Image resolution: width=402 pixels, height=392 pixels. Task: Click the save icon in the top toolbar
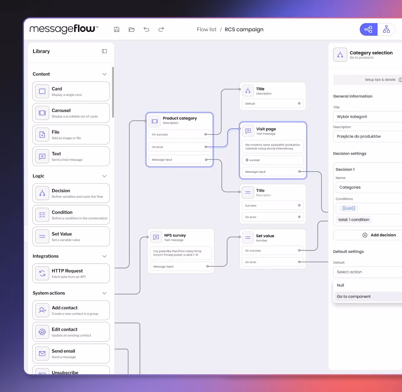[116, 29]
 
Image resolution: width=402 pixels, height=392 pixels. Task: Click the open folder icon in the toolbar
[132, 29]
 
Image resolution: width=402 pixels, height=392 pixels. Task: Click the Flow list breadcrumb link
[207, 29]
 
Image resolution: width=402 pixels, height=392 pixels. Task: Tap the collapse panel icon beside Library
[104, 51]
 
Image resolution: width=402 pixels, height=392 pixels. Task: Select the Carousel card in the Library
[71, 113]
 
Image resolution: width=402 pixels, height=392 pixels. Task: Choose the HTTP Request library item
[71, 273]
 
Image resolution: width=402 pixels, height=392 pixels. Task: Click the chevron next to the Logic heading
[104, 176]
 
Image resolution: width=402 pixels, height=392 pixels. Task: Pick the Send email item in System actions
[71, 354]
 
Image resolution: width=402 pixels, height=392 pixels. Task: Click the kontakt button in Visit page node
[273, 160]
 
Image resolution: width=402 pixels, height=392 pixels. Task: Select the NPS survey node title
[175, 235]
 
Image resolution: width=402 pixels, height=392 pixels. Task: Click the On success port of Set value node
[299, 251]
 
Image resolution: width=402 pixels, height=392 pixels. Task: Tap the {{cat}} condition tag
[349, 208]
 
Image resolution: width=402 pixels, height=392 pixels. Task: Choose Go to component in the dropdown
[354, 296]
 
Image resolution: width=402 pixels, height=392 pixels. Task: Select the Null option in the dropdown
[341, 285]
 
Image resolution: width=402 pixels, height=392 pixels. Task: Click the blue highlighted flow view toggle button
[368, 29]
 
